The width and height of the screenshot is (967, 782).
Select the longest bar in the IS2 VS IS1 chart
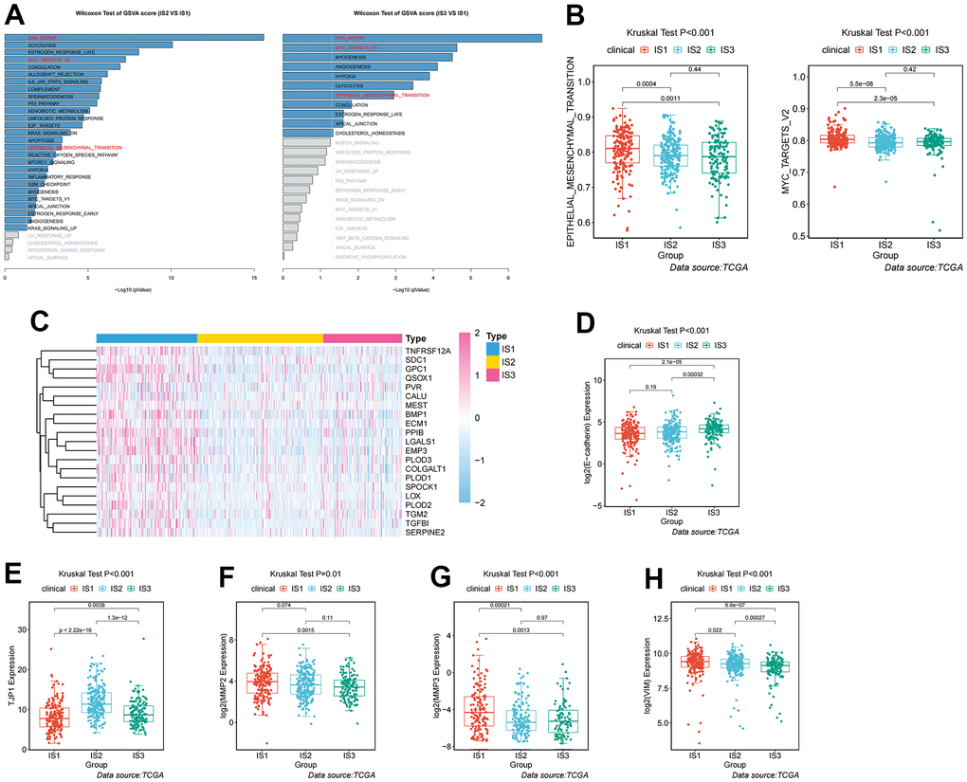134,38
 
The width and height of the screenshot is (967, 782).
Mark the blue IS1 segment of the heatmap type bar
146,338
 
